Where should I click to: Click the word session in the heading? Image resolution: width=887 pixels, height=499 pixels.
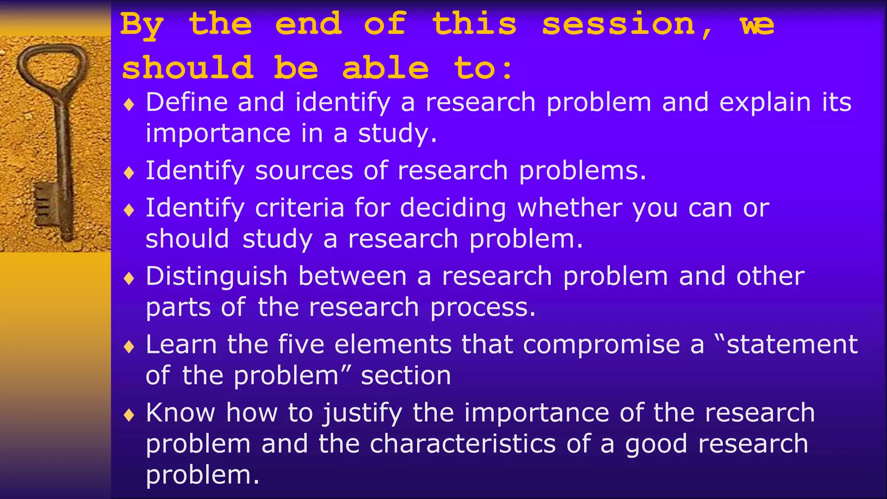coord(618,25)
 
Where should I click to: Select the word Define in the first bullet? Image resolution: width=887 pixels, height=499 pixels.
coord(186,103)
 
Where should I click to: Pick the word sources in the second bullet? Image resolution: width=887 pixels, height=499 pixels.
coord(304,171)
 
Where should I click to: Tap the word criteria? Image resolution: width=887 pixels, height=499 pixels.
coord(299,208)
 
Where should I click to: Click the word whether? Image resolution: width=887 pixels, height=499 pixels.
coord(570,208)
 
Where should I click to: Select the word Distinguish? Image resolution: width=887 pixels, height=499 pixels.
coord(216,277)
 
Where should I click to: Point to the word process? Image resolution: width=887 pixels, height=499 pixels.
coord(482,308)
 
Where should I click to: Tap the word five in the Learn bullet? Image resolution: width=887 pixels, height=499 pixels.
coord(301,345)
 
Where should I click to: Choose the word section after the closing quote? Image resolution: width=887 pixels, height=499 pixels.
coord(406,376)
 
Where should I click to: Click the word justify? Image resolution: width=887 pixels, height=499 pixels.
coord(362,413)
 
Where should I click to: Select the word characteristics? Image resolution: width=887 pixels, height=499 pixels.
coord(462,444)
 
